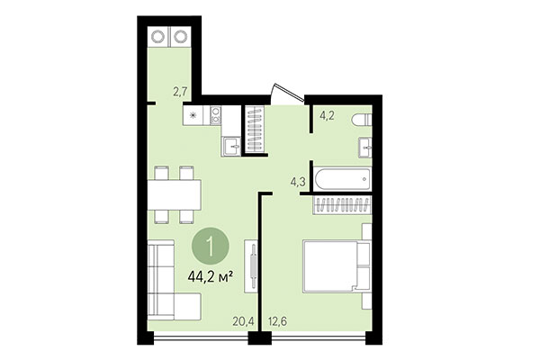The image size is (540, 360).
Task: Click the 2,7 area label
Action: coord(180,91)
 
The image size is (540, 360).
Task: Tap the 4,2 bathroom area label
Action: coord(328,114)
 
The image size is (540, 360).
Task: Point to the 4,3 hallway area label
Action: coord(297,182)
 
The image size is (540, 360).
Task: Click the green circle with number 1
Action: coord(210,244)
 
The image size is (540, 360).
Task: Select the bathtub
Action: coord(341,178)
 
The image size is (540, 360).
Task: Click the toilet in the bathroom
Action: coord(359,120)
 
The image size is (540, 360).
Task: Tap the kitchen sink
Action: coord(231,146)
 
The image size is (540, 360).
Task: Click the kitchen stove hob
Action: coord(195,115)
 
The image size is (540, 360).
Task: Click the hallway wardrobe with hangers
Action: coord(256,130)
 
